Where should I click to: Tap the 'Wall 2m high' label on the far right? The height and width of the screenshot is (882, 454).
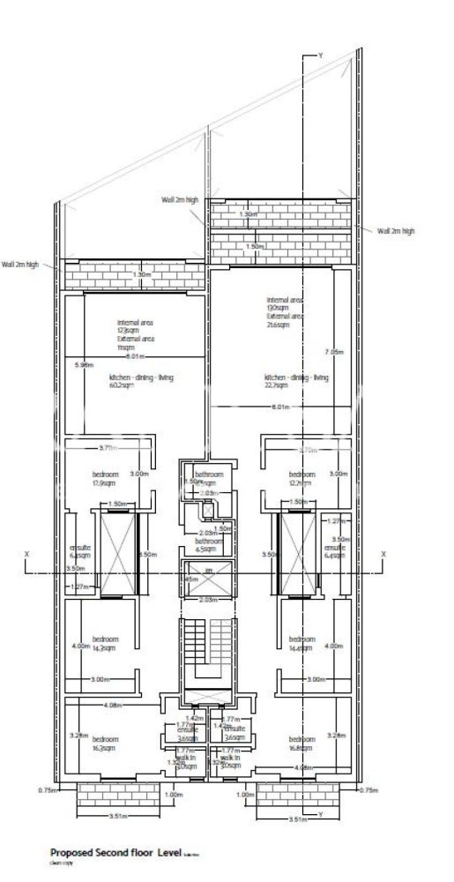(x=396, y=231)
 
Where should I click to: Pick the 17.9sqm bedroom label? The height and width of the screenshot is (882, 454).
(x=106, y=478)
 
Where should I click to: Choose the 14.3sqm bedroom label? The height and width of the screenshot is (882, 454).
(x=106, y=643)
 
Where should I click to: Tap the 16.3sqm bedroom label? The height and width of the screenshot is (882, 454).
(x=106, y=742)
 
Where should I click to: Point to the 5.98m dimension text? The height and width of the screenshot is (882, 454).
(x=84, y=363)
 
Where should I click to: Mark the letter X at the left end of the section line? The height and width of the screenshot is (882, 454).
(x=26, y=554)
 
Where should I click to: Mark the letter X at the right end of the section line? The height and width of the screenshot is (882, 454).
(x=383, y=554)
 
